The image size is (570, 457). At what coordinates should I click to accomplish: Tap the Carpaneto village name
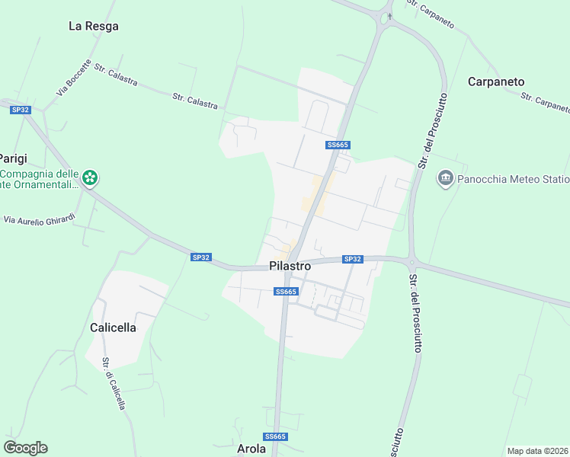click(x=496, y=81)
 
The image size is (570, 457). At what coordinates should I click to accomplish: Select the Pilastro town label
click(x=290, y=267)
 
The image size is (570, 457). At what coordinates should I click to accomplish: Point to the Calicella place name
click(x=113, y=328)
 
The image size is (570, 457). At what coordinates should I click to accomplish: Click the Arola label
click(x=251, y=449)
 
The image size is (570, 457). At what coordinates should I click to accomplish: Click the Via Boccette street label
click(x=73, y=78)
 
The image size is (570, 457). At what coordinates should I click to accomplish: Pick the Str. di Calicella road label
click(x=114, y=384)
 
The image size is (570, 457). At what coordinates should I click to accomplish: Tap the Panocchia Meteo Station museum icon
click(x=445, y=179)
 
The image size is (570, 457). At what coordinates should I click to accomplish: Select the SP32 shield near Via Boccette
click(x=21, y=110)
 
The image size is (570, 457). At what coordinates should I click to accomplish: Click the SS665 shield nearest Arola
click(x=275, y=436)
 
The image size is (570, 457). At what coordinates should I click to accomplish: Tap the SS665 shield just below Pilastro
click(x=285, y=292)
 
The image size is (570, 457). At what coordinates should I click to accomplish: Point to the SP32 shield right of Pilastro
click(x=352, y=259)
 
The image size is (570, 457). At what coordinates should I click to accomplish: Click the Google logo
click(x=25, y=448)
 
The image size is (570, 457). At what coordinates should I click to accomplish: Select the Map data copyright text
click(x=538, y=450)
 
